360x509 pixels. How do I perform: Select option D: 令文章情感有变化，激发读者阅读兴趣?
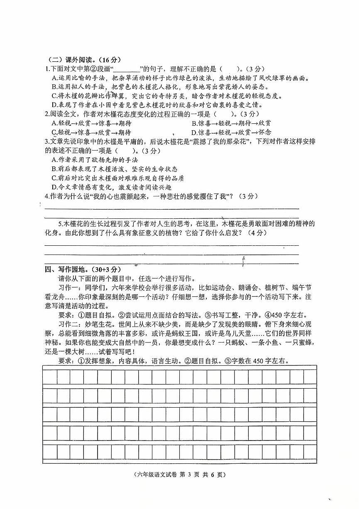point(110,187)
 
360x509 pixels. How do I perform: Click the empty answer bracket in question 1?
point(229,69)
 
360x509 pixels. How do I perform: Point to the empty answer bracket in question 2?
point(223,114)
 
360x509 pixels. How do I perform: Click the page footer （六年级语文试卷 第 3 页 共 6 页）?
point(180,475)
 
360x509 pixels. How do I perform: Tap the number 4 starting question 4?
point(47,196)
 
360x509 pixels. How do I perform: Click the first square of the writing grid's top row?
point(50,377)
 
